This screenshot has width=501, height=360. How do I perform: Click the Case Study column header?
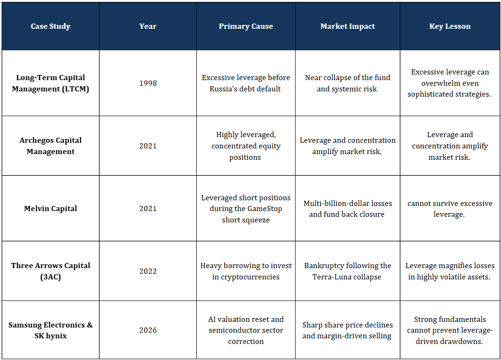point(50,26)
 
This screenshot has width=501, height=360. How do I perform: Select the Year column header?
point(148,26)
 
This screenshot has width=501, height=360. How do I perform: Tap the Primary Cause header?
point(246,26)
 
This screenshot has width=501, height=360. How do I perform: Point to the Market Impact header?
point(347,26)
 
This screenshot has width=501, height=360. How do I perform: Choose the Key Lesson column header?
point(450,26)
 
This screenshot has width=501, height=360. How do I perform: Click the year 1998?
point(148,83)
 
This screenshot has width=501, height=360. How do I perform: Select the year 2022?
point(148,271)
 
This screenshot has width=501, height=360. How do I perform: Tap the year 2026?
point(148,330)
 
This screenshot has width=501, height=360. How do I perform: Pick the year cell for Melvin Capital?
point(148,208)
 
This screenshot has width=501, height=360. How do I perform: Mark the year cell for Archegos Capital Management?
point(148,146)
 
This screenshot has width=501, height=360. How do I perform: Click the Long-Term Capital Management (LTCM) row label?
point(50,83)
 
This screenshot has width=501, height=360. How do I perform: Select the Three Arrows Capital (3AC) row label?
point(50,271)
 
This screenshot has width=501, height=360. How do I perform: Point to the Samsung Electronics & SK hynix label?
point(50,330)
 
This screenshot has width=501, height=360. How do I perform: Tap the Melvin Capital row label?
point(50,208)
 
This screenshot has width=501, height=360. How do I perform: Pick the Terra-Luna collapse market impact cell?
point(347,271)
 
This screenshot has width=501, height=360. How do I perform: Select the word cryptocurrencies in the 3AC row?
point(250,277)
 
